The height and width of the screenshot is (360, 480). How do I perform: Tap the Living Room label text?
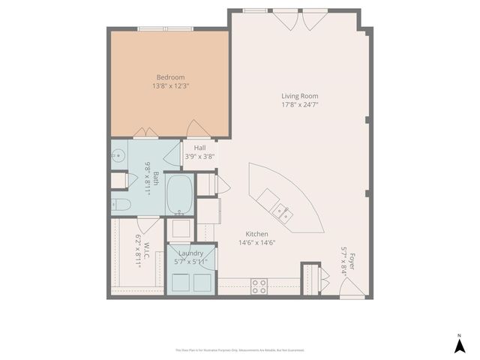point(300,95)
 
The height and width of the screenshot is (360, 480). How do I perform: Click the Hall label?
point(199,148)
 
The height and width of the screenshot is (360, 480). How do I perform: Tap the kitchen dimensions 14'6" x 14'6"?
point(257,242)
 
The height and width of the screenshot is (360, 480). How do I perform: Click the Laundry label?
point(191,253)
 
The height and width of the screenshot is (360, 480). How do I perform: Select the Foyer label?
point(351,262)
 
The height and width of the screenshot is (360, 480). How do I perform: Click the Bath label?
point(156,178)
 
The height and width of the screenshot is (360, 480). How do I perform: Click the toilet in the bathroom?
point(121,204)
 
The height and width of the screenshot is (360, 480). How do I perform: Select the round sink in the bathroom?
point(118,157)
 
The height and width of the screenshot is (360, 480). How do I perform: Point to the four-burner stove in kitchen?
point(259,286)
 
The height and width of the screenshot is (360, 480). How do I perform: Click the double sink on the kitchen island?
point(282,210)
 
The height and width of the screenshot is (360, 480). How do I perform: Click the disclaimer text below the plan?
point(240,349)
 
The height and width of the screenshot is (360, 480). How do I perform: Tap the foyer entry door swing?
point(353,288)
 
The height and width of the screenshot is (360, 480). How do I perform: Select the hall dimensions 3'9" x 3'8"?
point(199,156)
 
